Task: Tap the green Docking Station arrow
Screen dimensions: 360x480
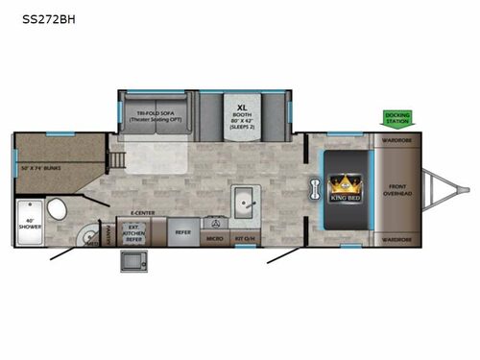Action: coord(396,118)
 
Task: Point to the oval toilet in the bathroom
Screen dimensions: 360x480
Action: coord(59,210)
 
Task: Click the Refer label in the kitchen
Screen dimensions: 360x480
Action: coord(181,231)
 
